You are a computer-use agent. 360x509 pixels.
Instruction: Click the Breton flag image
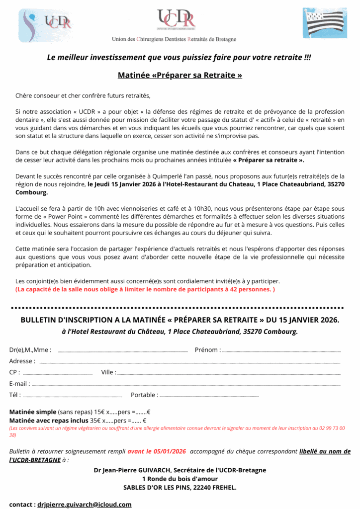pyautogui.click(x=325, y=23)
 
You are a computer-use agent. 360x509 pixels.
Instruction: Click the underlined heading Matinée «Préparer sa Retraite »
pyautogui.click(x=180, y=76)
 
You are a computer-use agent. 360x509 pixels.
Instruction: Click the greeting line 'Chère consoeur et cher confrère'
pyautogui.click(x=83, y=95)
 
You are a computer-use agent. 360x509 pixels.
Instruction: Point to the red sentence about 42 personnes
pyautogui.click(x=145, y=289)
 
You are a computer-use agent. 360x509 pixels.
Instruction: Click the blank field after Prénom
pyautogui.click(x=281, y=351)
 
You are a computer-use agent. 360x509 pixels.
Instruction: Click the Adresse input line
pyautogui.click(x=189, y=362)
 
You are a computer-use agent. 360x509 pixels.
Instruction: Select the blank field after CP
pyautogui.click(x=58, y=373)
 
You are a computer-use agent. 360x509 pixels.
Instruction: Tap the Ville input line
pyautogui.click(x=229, y=373)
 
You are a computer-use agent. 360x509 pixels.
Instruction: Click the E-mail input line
pyautogui.click(x=186, y=385)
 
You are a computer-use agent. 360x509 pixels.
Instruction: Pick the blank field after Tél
pyautogui.click(x=73, y=396)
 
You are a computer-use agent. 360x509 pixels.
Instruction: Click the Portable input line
pyautogui.click(x=209, y=396)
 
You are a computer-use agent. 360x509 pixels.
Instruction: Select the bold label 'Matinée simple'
pyautogui.click(x=33, y=412)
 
